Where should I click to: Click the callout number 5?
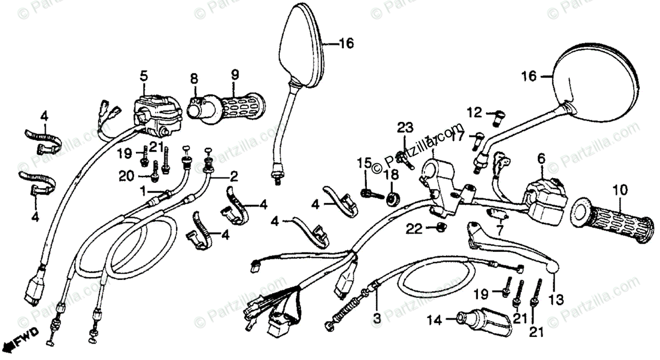click(x=144, y=75)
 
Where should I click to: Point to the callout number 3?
click(x=377, y=318)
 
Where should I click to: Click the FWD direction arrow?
click(x=19, y=340)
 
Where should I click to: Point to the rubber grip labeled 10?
click(x=613, y=221)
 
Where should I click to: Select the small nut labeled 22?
click(x=439, y=228)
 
